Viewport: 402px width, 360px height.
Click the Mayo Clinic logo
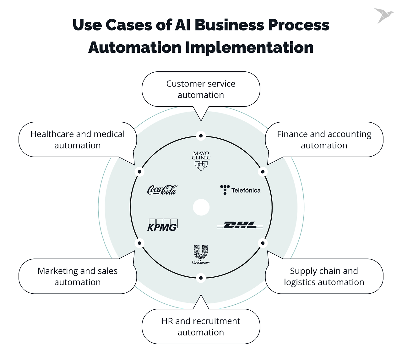[x=201, y=161]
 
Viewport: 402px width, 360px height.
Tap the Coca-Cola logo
[x=162, y=190]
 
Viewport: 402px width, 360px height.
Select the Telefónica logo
[x=240, y=190]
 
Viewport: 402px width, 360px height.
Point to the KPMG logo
[x=162, y=225]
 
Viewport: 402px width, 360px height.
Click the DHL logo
[x=240, y=225]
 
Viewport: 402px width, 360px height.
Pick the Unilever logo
[x=201, y=254]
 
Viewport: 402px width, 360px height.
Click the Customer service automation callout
[x=201, y=89]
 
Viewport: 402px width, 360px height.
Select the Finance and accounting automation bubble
[x=324, y=140]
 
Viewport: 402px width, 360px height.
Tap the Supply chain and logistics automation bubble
[x=324, y=276]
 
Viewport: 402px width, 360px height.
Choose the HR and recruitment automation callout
[x=201, y=327]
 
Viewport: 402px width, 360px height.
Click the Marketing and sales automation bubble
[x=78, y=276]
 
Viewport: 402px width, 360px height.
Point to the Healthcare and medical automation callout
[x=78, y=140]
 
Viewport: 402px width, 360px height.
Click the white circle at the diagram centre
[x=201, y=208]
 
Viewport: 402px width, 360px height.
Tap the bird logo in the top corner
[x=383, y=15]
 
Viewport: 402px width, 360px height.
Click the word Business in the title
[x=229, y=25]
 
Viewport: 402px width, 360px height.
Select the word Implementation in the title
[x=249, y=47]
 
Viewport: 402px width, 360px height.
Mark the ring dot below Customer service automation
[x=201, y=136]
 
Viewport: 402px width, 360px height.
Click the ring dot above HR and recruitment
[x=201, y=278]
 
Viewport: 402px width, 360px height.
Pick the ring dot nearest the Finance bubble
[x=263, y=171]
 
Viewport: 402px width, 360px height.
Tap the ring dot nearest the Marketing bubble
[x=139, y=243]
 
